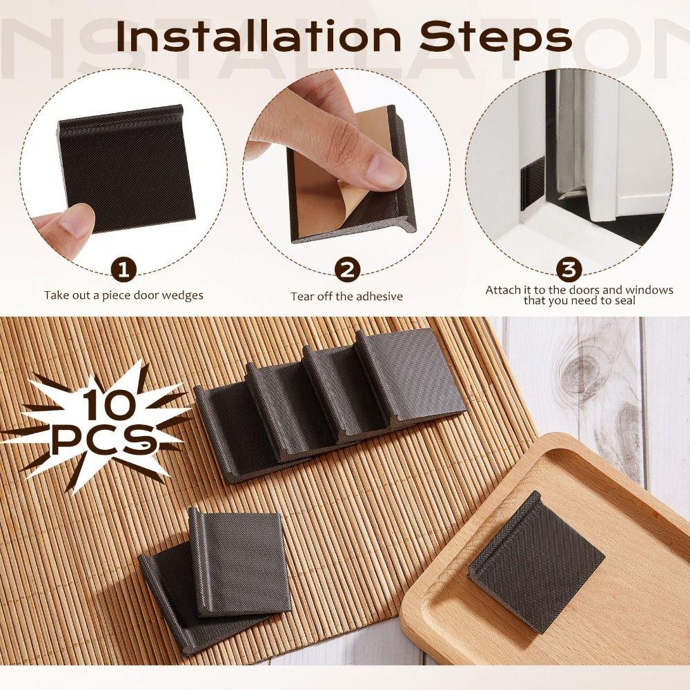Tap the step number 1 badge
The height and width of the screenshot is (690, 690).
coord(124,270)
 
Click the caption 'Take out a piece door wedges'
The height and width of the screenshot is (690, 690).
coord(124,295)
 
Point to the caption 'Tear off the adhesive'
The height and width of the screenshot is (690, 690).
coord(346,296)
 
